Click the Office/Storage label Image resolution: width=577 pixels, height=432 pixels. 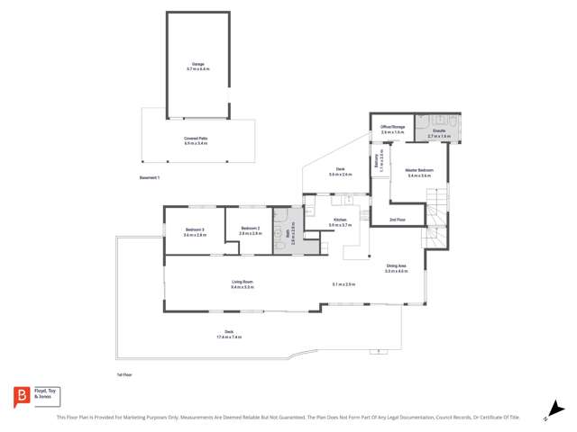[x=393, y=127]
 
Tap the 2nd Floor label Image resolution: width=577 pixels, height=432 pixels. [x=397, y=220]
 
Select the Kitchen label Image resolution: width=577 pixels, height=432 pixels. [x=340, y=220]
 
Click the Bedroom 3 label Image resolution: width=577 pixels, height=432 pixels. [x=196, y=229]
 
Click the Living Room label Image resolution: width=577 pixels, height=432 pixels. [x=242, y=282]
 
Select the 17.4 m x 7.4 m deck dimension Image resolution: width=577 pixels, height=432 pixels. [x=229, y=337]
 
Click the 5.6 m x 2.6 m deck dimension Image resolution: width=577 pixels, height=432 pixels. [x=341, y=175]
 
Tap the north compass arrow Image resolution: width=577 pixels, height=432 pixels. [x=546, y=418]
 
